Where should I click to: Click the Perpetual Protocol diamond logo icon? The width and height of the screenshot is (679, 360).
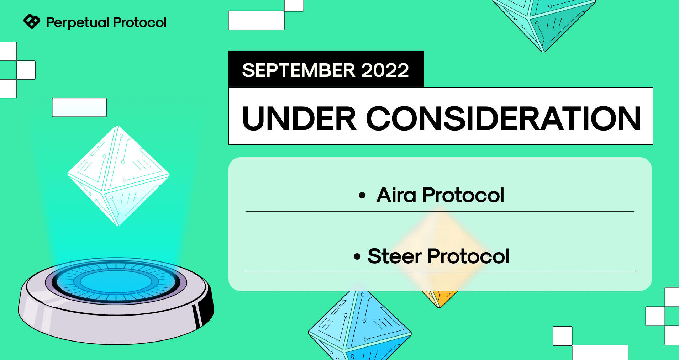tap(32, 22)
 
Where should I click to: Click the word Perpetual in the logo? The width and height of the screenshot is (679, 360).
tap(78, 23)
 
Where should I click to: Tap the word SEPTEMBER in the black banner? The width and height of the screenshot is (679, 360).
tap(299, 70)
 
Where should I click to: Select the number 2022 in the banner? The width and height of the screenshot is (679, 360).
tap(385, 70)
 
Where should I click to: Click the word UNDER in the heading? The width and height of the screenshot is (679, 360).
tap(299, 118)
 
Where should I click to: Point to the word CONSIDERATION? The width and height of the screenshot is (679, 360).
tap(503, 118)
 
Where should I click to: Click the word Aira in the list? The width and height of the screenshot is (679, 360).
tap(396, 195)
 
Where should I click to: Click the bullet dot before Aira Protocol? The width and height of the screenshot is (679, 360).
tap(362, 195)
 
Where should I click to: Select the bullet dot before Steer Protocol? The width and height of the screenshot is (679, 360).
tap(357, 256)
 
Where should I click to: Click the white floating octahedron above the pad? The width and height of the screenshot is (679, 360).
tap(119, 176)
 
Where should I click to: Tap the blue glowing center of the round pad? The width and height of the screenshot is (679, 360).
tap(116, 282)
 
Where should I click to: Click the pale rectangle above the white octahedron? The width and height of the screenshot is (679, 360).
tap(79, 107)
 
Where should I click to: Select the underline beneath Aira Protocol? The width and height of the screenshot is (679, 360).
tap(440, 212)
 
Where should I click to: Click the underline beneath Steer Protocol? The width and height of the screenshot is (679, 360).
tap(441, 272)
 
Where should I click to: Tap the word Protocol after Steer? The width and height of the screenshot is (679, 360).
tap(468, 256)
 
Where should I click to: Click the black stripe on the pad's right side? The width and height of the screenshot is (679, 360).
tap(198, 315)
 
